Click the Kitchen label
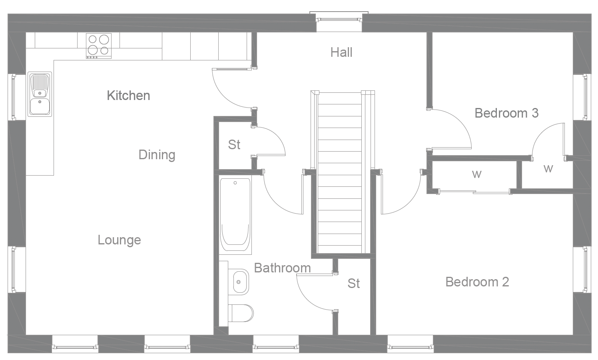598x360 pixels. (128, 95)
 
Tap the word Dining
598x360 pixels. (157, 154)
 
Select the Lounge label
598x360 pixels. (119, 240)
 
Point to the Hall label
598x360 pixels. (341, 52)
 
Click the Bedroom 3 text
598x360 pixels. (506, 113)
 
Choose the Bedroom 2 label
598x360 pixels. (477, 282)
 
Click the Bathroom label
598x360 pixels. (282, 268)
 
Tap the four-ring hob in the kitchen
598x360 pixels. (99, 45)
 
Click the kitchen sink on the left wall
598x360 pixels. (40, 94)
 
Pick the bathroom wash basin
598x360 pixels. (239, 282)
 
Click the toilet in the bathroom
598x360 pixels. (241, 313)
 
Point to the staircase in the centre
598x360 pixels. (340, 172)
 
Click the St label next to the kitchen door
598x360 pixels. (234, 144)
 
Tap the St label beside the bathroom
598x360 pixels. (353, 283)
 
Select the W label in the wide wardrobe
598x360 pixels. (476, 174)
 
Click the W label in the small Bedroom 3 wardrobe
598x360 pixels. (548, 168)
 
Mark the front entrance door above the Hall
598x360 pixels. (339, 18)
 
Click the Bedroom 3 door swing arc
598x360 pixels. (460, 124)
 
